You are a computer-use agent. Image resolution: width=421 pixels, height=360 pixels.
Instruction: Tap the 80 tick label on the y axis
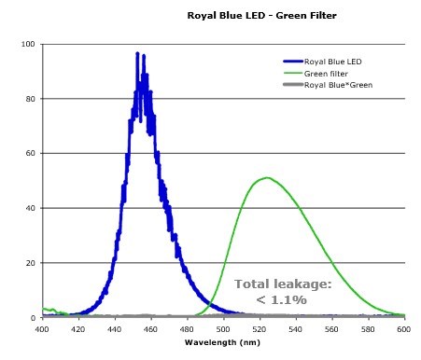(x=30, y=99)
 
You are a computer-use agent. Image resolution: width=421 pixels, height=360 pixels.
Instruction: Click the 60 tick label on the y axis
(x=30, y=154)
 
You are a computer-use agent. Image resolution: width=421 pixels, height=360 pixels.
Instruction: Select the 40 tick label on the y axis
(x=30, y=208)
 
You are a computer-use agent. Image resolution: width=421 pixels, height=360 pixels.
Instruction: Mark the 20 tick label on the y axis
(x=30, y=263)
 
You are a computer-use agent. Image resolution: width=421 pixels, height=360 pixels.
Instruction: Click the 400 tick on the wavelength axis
(x=42, y=329)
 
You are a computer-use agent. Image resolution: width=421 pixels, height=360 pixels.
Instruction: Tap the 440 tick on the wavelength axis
(x=115, y=329)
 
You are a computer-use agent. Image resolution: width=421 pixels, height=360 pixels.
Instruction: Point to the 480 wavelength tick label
(x=188, y=329)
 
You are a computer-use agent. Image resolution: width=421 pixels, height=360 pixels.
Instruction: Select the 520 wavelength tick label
(x=260, y=329)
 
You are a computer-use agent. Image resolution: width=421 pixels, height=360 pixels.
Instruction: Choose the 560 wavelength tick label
(x=332, y=329)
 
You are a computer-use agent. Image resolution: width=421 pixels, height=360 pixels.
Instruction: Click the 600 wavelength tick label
(x=404, y=329)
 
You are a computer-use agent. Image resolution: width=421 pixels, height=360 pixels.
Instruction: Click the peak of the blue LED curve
(x=137, y=54)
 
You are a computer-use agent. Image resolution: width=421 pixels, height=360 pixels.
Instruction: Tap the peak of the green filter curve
(x=268, y=177)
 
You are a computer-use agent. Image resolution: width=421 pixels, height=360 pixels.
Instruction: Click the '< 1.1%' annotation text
(x=283, y=299)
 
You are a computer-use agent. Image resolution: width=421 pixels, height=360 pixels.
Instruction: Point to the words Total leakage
(x=283, y=284)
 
